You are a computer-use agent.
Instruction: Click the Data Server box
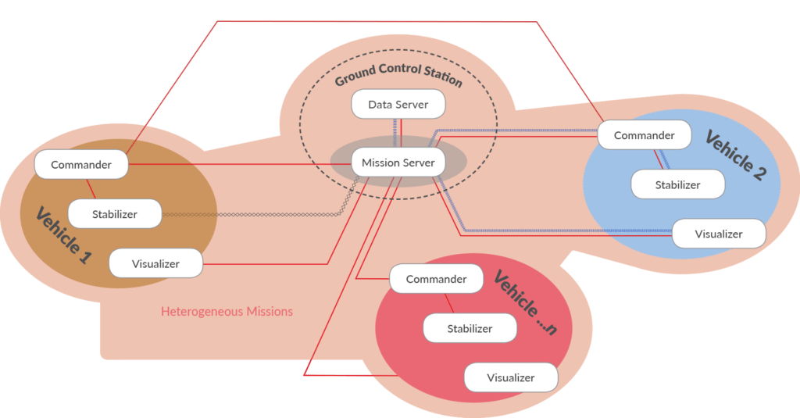tap(398, 105)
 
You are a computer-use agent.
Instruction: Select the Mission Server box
tap(398, 163)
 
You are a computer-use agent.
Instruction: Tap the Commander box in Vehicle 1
tap(81, 165)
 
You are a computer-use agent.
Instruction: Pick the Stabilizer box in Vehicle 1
tap(115, 213)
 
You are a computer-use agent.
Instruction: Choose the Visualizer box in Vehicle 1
tap(155, 263)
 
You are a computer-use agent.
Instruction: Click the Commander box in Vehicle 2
tap(644, 135)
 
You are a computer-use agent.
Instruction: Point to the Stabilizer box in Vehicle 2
tap(677, 185)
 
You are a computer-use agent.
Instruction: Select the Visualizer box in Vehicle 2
tap(718, 234)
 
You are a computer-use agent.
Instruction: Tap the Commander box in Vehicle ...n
tap(436, 279)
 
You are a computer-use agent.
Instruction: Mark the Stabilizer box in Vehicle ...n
tap(470, 328)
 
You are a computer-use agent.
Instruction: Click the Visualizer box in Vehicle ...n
tap(510, 377)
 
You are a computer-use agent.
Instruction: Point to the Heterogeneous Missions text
tap(227, 311)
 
